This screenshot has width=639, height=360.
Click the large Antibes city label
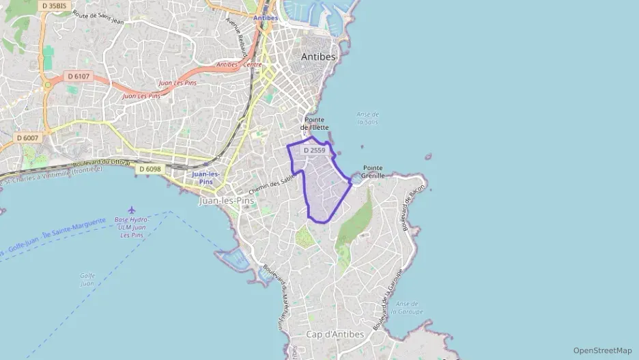(319, 57)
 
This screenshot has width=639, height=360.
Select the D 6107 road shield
(79, 77)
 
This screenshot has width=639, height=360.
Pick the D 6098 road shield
(150, 169)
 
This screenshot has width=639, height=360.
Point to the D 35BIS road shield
(54, 5)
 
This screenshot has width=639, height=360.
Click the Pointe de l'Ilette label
(316, 123)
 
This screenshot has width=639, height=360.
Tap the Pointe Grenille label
(373, 171)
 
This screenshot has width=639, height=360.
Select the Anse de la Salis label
(368, 118)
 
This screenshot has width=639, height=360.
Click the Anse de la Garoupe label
(410, 307)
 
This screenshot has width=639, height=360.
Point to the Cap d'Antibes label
(335, 334)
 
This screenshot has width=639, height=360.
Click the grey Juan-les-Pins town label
(226, 202)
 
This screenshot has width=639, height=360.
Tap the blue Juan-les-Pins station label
(206, 178)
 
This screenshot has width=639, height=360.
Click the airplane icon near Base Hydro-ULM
(131, 210)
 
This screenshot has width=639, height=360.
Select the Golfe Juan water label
(87, 279)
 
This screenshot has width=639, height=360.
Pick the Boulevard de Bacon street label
(415, 208)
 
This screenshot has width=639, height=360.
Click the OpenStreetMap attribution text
(603, 350)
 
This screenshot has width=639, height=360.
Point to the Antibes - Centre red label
(239, 65)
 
